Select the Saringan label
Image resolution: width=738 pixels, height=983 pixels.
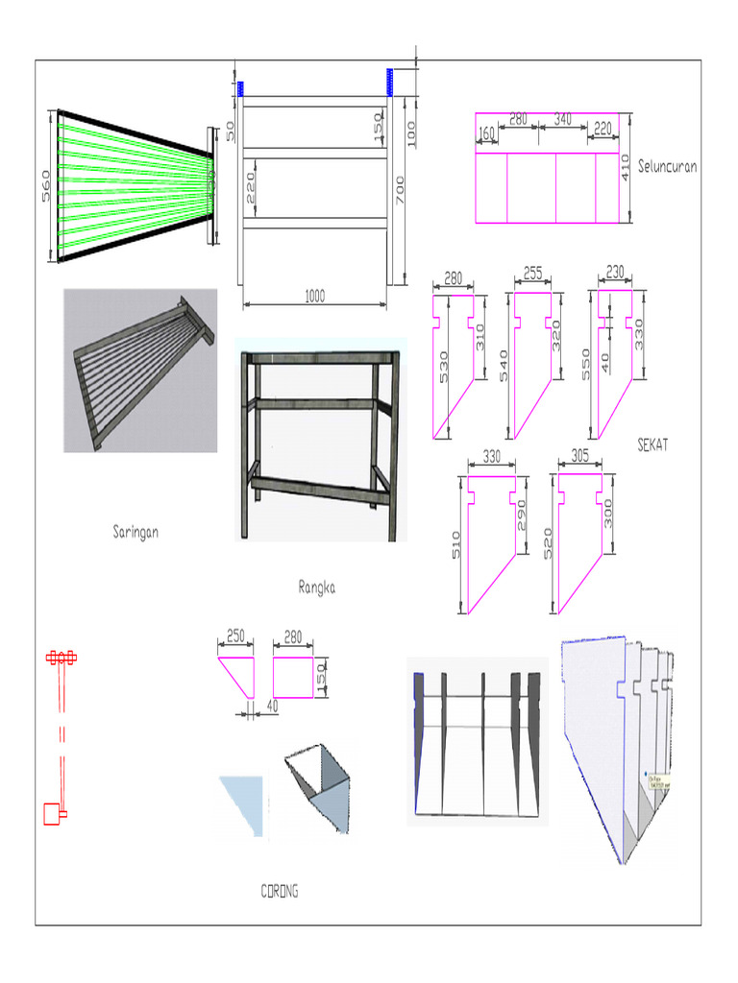pyautogui.click(x=135, y=531)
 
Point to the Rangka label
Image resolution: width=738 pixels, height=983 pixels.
pyautogui.click(x=316, y=587)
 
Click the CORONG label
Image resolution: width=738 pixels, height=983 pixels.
pyautogui.click(x=280, y=891)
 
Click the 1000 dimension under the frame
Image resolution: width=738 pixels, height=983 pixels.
pyautogui.click(x=314, y=297)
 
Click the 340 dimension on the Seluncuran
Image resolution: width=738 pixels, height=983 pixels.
pyautogui.click(x=563, y=119)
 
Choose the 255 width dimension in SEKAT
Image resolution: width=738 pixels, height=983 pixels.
pyautogui.click(x=533, y=274)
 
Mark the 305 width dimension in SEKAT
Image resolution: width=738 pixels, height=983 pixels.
pyautogui.click(x=580, y=457)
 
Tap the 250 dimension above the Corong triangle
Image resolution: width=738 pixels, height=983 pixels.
pyautogui.click(x=234, y=635)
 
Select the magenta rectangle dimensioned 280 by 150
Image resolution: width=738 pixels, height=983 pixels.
pyautogui.click(x=294, y=677)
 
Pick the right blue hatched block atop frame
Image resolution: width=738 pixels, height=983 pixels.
pyautogui.click(x=390, y=82)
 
